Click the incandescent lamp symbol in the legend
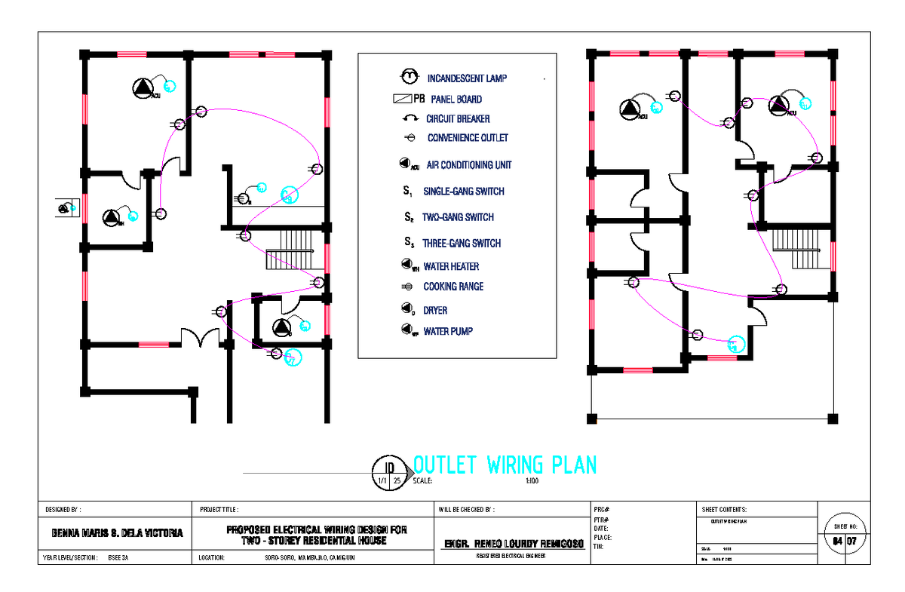(x=409, y=76)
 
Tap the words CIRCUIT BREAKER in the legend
(x=458, y=118)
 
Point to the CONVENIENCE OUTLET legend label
(x=468, y=138)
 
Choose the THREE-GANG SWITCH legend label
(x=462, y=244)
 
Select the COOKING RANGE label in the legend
(x=453, y=287)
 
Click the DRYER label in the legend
(x=435, y=310)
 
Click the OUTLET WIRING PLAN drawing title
(x=505, y=465)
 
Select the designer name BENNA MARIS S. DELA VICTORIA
(x=117, y=532)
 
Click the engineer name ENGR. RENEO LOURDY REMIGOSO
(x=512, y=543)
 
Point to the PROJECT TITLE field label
(x=219, y=510)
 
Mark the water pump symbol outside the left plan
(x=67, y=207)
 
